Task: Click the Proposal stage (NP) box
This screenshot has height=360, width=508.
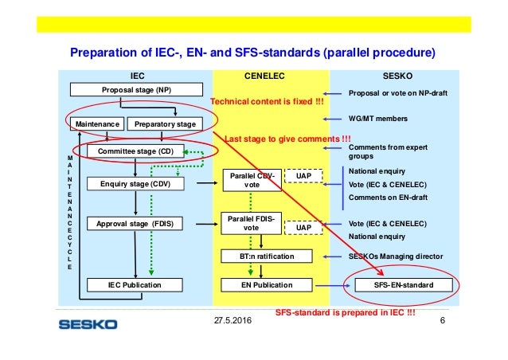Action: pos(136,90)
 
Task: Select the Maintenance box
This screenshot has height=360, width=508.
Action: pos(97,124)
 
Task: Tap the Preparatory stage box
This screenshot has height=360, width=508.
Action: pos(165,124)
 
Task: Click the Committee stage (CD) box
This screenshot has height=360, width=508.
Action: pos(135,151)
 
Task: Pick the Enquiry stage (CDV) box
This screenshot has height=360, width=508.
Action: pos(135,184)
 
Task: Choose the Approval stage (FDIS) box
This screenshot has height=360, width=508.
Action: pos(135,224)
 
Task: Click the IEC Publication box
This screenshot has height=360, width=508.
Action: pos(135,285)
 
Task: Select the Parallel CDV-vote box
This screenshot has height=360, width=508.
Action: pos(252,180)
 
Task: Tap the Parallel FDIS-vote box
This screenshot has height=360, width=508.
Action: pos(251,223)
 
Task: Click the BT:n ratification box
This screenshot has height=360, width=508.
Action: pos(267,256)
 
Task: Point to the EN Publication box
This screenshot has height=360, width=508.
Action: pos(267,285)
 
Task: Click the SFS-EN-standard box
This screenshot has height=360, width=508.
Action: pos(404,285)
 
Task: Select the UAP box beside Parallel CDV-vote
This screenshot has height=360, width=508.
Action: pos(303,176)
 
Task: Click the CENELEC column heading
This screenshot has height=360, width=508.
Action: pos(264,76)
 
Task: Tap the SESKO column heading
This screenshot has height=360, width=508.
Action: pos(397,76)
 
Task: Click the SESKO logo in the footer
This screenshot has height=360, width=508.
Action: pos(88,324)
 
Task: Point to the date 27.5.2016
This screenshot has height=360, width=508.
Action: pos(233,320)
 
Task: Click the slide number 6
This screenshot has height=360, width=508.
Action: pos(443,320)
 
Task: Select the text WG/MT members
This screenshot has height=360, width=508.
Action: pos(378,119)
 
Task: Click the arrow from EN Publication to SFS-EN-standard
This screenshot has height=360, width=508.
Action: pos(333,285)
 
